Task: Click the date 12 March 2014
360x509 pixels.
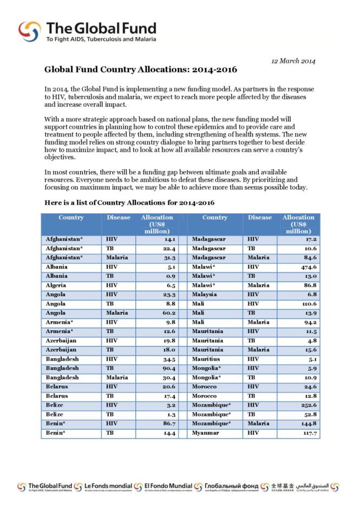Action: [x=293, y=61]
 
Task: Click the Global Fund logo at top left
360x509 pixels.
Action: [x=87, y=32]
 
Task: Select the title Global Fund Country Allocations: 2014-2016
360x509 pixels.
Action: [x=140, y=70]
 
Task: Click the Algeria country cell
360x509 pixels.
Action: [x=56, y=285]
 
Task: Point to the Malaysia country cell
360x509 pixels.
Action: [x=204, y=295]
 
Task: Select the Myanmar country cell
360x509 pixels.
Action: [x=204, y=433]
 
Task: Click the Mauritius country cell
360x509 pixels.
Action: [x=205, y=359]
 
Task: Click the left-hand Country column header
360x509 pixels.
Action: [x=71, y=218]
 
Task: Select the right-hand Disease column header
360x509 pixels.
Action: [x=260, y=218]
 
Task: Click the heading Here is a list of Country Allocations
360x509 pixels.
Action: [x=129, y=203]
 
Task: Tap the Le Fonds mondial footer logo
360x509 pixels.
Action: [x=103, y=487]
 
